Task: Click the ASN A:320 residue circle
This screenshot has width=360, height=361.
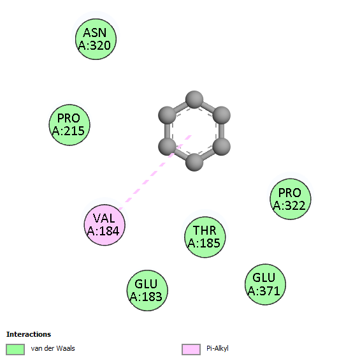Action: pyautogui.click(x=96, y=39)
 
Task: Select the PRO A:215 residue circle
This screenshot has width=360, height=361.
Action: pyautogui.click(x=69, y=125)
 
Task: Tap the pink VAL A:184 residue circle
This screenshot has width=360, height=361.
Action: pyautogui.click(x=104, y=225)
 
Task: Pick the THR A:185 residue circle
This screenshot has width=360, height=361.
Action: pyautogui.click(x=205, y=237)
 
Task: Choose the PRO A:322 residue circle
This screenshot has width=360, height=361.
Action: pyautogui.click(x=291, y=199)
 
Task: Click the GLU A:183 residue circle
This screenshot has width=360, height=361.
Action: pyautogui.click(x=147, y=290)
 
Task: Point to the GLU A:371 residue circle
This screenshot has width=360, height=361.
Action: pyautogui.click(x=265, y=284)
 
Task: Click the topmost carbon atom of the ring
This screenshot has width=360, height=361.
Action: pyautogui.click(x=194, y=99)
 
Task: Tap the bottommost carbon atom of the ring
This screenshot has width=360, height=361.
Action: pyautogui.click(x=194, y=162)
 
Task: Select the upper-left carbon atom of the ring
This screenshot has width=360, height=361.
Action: pyautogui.click(x=167, y=115)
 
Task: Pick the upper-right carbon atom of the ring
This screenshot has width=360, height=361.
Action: pyautogui.click(x=221, y=115)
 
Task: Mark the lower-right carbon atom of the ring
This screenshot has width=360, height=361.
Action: pyautogui.click(x=221, y=147)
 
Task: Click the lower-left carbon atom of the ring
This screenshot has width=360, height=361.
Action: pyautogui.click(x=167, y=147)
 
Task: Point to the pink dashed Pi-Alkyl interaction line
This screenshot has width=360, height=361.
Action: pyautogui.click(x=155, y=172)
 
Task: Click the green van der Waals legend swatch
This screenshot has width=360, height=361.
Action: pyautogui.click(x=15, y=350)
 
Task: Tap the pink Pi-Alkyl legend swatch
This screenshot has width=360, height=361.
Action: pyautogui.click(x=191, y=350)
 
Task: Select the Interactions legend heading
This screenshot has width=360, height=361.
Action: pyautogui.click(x=29, y=334)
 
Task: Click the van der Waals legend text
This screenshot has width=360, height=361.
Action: pyautogui.click(x=53, y=348)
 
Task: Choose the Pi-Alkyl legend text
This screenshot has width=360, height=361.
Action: pyautogui.click(x=217, y=349)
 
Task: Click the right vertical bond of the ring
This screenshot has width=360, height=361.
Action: pyautogui.click(x=221, y=131)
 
